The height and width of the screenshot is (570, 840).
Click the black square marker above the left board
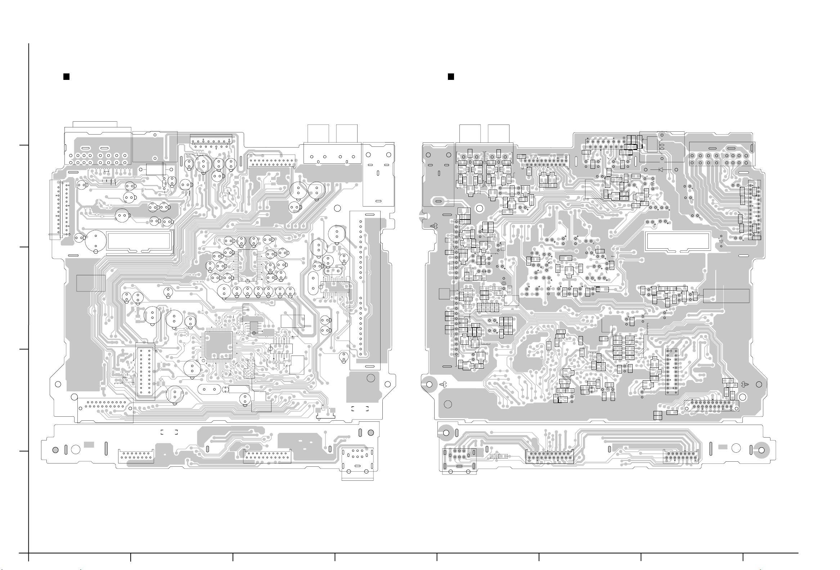66,77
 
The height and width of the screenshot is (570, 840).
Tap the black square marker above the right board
451,77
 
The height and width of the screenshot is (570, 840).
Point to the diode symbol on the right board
661,169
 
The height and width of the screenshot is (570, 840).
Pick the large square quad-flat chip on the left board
219,345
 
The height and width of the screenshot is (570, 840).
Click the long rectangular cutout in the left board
139,241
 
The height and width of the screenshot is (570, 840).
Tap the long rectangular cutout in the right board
678,241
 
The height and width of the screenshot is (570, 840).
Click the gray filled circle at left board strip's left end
55,450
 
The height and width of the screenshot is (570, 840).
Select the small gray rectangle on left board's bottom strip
89,445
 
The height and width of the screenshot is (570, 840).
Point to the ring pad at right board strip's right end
762,450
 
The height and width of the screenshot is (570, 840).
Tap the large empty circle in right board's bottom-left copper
448,404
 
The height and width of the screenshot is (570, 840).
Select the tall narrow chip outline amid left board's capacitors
248,265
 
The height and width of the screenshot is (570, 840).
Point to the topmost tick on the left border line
24,145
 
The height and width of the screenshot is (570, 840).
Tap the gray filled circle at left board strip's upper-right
371,433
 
